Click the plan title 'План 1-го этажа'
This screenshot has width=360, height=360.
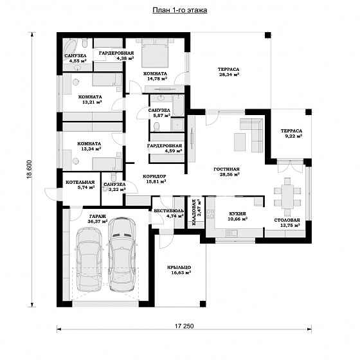[180, 10]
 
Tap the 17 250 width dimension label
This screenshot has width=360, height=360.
[184, 326]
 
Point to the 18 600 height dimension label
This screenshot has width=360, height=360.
[30, 170]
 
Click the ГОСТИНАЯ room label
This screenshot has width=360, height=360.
[226, 169]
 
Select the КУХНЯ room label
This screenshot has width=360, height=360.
[237, 213]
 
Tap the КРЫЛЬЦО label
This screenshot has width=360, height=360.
[179, 267]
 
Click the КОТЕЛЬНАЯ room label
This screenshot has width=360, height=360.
[80, 183]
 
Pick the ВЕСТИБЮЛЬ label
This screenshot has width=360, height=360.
[168, 211]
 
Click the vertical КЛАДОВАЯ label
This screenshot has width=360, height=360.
[194, 212]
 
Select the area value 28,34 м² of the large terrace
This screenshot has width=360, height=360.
[229, 75]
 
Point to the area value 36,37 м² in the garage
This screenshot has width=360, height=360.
[98, 222]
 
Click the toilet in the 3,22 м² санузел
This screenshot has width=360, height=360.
[113, 177]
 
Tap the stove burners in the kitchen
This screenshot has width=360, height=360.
[210, 214]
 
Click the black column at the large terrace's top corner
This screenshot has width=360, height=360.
[267, 35]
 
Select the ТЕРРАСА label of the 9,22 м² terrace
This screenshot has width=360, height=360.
[291, 131]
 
